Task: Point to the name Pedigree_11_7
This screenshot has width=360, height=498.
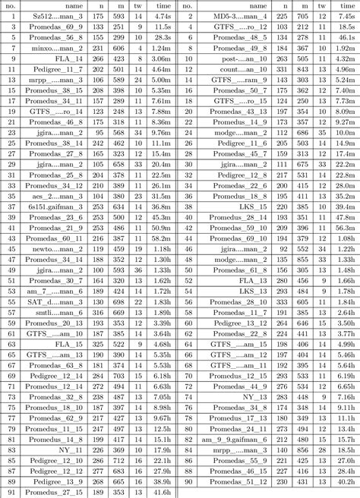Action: pyautogui.click(x=61, y=68)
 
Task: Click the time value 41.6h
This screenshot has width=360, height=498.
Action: pyautogui.click(x=162, y=492)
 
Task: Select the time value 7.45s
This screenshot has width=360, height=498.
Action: pyautogui.click(x=346, y=15)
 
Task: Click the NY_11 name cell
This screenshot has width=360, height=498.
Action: pyautogui.click(x=70, y=449)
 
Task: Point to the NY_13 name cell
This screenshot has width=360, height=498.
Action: pyautogui.click(x=254, y=396)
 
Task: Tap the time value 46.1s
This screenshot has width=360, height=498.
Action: pyautogui.click(x=346, y=36)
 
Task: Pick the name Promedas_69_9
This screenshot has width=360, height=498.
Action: pyautogui.click(x=59, y=26)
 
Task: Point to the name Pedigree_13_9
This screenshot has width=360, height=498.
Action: pyautogui.click(x=61, y=481)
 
